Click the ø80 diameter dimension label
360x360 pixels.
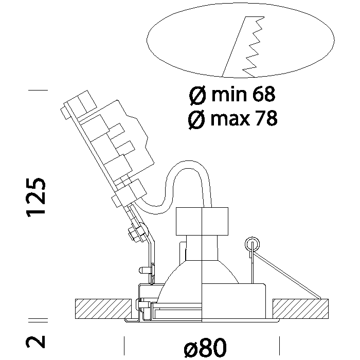coord(205,348)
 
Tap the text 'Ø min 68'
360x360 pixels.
coord(232,95)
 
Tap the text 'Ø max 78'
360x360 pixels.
coord(232,119)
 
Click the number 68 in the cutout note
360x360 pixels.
coord(264,95)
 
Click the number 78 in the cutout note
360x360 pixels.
coord(266,119)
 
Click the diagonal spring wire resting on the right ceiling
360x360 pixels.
coord(291,275)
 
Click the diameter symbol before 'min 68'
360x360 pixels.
coord(196,95)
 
